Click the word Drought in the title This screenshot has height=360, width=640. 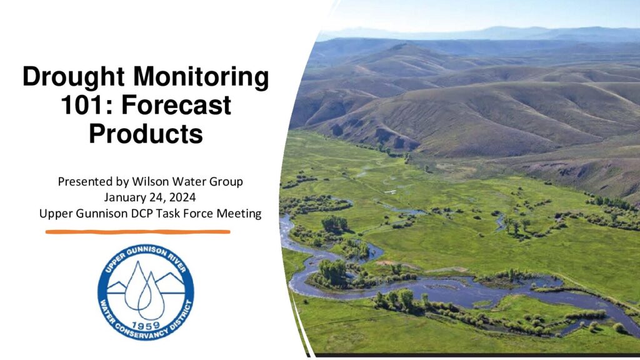74,77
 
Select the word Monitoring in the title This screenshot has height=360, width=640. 201,77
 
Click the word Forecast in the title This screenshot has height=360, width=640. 176,105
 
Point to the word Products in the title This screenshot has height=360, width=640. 146,134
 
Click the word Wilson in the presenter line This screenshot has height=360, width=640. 151,181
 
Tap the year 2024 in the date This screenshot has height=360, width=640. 182,197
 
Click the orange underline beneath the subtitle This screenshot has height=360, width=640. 138,232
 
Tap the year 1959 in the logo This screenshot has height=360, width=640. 146,326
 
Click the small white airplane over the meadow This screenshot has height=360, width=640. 390,191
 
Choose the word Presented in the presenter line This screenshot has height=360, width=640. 85,181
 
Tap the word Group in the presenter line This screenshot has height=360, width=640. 226,182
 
